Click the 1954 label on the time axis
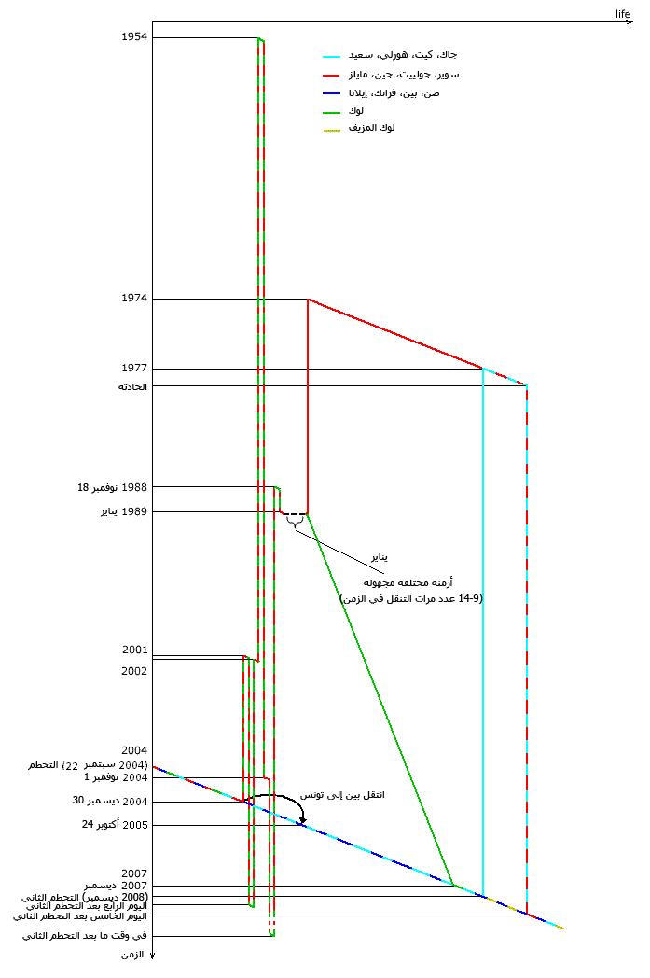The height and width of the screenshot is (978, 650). (134, 37)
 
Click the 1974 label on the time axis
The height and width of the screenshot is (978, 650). (134, 299)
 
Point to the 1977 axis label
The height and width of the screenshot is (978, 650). (134, 369)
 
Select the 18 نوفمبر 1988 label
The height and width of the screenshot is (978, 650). (112, 487)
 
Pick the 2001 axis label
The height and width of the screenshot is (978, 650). (134, 650)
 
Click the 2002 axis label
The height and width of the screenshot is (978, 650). (134, 671)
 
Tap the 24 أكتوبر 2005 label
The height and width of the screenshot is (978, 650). (114, 825)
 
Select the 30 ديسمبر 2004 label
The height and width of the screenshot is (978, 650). (110, 801)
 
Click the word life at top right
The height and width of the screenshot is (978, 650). (623, 13)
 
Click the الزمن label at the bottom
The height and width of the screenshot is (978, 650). (134, 956)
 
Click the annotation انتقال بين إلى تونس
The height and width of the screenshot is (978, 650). (342, 795)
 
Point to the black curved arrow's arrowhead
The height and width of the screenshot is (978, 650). (302, 820)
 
